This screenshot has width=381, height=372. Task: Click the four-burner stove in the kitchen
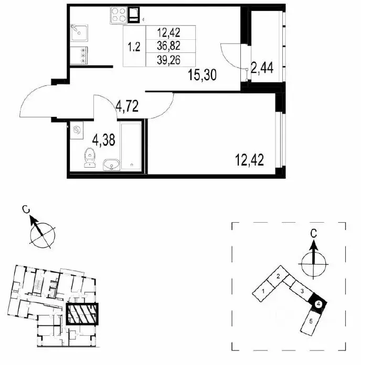pyautogui.click(x=119, y=15)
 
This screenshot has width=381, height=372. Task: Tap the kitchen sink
pyautogui.click(x=79, y=33)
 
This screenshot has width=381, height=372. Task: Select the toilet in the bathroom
pyautogui.click(x=90, y=158)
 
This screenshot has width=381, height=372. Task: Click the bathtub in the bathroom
pyautogui.click(x=131, y=146)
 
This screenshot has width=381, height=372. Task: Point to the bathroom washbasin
pyautogui.click(x=112, y=165)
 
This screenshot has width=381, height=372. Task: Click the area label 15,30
pyautogui.click(x=202, y=75)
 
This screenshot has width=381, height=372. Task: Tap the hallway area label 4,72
pyautogui.click(x=127, y=106)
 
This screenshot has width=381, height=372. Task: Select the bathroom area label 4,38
pyautogui.click(x=104, y=140)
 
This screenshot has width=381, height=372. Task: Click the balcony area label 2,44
pyautogui.click(x=262, y=68)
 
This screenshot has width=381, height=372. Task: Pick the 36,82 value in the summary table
pyautogui.click(x=168, y=46)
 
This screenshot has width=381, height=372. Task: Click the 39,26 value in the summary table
pyautogui.click(x=168, y=60)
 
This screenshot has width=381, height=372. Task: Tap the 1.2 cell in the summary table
pyautogui.click(x=134, y=46)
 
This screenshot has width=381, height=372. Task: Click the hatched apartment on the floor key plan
pyautogui.click(x=82, y=314)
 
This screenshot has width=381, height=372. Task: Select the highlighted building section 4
pyautogui.click(x=318, y=302)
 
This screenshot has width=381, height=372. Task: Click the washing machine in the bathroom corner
pyautogui.click(x=77, y=130)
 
